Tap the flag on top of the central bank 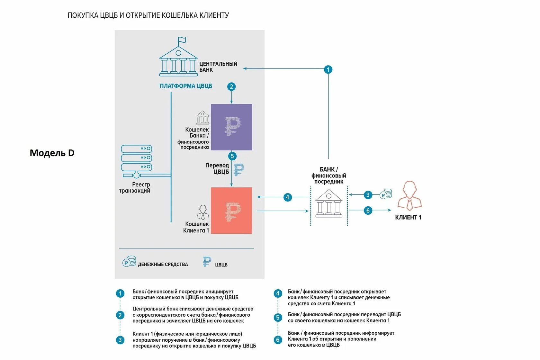coord(182,40)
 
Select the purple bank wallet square coord(231,127)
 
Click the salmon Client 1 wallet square coord(231,211)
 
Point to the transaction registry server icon coord(136,161)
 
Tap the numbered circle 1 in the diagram coord(328,69)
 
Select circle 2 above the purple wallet coord(231,86)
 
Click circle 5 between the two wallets coord(232,156)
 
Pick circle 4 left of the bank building coord(287,197)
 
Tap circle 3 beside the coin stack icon coord(368,195)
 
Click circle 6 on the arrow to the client coord(368,211)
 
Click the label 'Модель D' coord(52,153)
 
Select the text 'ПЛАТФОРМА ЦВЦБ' coord(186,86)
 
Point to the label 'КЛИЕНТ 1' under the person coord(408,218)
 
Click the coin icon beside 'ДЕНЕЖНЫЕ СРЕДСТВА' coord(129,262)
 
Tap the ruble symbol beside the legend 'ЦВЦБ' coord(207,262)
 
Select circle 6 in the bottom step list coord(278,340)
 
